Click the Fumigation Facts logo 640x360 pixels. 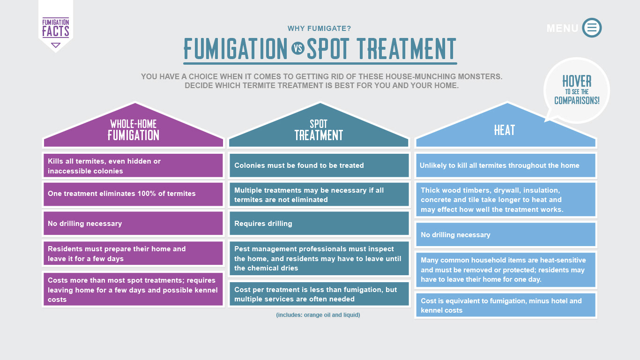[x=56, y=28]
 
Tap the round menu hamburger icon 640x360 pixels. [x=592, y=28]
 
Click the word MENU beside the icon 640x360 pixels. [x=562, y=28]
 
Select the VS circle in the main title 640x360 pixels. [x=298, y=48]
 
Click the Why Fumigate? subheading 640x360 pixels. [x=319, y=28]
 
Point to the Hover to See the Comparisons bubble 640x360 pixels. [x=577, y=90]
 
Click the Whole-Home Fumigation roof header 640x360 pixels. [x=134, y=125]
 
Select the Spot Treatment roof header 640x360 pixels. [x=319, y=125]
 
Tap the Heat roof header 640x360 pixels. [x=506, y=125]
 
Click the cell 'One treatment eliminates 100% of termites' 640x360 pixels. [x=133, y=194]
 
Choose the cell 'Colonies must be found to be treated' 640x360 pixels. [x=319, y=165]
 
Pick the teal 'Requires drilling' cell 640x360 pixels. [x=319, y=223]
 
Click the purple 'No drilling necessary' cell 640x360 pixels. [x=133, y=223]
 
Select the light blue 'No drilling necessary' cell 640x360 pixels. [x=506, y=234]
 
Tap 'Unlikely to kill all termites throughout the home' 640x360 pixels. [x=506, y=165]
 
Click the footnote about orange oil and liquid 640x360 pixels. [x=318, y=315]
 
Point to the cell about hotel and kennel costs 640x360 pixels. [x=506, y=305]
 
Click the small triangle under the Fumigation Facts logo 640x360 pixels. [x=56, y=45]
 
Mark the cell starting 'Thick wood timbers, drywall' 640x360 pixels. [x=506, y=200]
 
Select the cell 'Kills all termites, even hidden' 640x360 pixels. [x=133, y=165]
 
